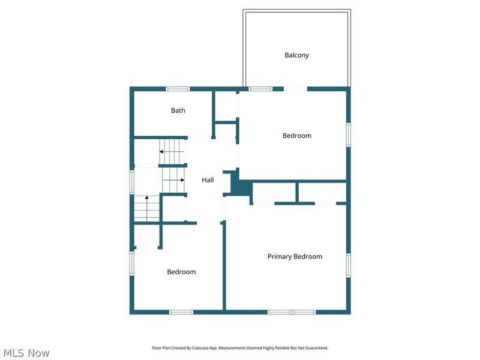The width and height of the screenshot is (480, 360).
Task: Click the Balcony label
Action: pyautogui.click(x=296, y=55)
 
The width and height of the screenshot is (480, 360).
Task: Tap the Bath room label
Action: pyautogui.click(x=178, y=110)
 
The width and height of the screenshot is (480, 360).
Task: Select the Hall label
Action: pyautogui.click(x=208, y=180)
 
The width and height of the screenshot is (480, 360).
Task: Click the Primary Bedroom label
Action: pyautogui.click(x=295, y=257)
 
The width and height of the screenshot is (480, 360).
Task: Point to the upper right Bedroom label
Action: pyautogui.click(x=296, y=136)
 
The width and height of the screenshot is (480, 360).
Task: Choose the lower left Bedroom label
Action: pyautogui.click(x=181, y=272)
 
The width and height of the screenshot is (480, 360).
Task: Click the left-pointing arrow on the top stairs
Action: pyautogui.click(x=162, y=152)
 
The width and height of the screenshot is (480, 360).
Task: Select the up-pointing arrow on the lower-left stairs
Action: pyautogui.click(x=147, y=198)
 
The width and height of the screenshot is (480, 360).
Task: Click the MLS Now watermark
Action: pyautogui.click(x=26, y=353)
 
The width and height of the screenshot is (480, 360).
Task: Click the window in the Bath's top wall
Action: pyautogui.click(x=178, y=89)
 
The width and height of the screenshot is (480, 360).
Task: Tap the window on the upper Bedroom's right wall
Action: pyautogui.click(x=348, y=134)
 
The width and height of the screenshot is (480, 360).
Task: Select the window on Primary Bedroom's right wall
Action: pyautogui.click(x=348, y=264)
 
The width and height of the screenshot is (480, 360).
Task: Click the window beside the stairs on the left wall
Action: pyautogui.click(x=133, y=182)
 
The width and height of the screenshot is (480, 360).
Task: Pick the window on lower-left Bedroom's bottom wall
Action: pyautogui.click(x=181, y=312)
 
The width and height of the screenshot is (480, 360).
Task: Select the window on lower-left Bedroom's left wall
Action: pyautogui.click(x=133, y=263)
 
